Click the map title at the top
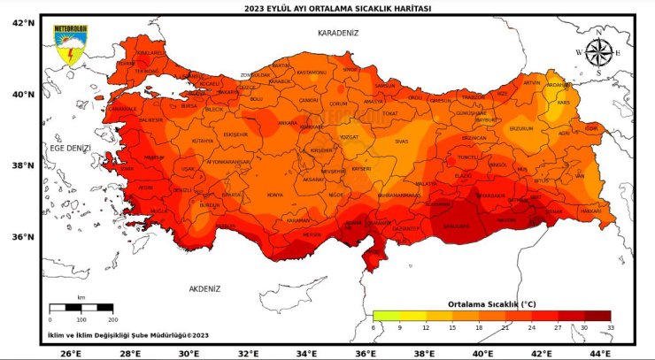tap(327, 8)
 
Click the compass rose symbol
tap(599, 52)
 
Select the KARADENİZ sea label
tap(338, 32)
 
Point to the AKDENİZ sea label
tap(204, 288)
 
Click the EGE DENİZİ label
tap(71, 149)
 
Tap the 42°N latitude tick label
tap(23, 21)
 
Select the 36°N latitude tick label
tap(23, 236)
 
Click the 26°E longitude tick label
tap(72, 352)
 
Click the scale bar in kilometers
tap(81, 308)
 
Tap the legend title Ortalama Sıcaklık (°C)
tap(492, 303)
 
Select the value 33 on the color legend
tap(610, 327)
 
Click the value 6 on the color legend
tap(374, 327)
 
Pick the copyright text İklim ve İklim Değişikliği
tap(128, 335)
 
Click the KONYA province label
tap(275, 195)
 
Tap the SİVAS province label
tap(401, 141)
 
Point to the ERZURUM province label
tap(520, 129)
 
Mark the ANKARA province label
tap(288, 123)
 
